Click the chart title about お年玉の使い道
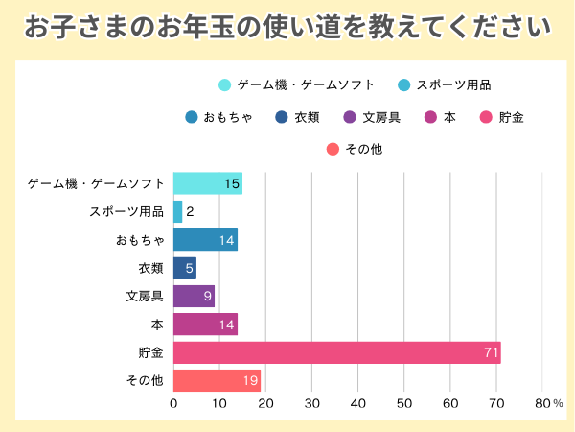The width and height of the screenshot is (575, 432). click(287, 26)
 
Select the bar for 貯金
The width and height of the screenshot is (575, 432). click(336, 352)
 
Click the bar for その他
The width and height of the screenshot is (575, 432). click(217, 380)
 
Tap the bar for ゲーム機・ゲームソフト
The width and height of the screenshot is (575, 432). click(207, 182)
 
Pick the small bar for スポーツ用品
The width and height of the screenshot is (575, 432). click(177, 211)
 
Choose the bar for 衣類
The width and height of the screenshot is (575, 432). click(184, 268)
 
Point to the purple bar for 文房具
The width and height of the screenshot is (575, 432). click(194, 296)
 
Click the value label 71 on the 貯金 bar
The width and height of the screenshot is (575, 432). click(492, 353)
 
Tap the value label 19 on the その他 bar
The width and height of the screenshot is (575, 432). click(250, 381)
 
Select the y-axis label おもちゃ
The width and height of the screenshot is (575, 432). click(140, 240)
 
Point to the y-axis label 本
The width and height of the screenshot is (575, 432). click(157, 324)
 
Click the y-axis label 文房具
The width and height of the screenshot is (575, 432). click(145, 297)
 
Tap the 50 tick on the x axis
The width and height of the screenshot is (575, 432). click(404, 403)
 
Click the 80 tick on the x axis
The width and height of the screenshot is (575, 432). click(543, 403)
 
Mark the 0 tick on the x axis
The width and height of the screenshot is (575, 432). click(173, 403)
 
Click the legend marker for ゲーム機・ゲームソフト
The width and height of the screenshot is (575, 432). click(225, 85)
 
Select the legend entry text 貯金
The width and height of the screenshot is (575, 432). click(511, 118)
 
